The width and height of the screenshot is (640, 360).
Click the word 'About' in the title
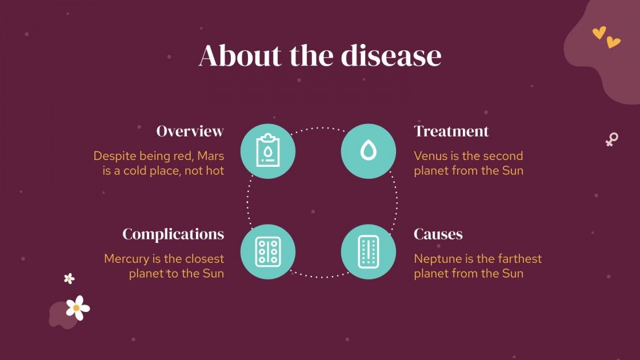[240, 56]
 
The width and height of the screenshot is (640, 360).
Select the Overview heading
[190, 131]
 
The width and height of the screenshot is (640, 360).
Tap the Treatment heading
[451, 131]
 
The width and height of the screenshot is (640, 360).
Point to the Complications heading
[173, 234]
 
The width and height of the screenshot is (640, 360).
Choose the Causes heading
[438, 234]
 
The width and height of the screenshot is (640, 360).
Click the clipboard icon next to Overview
[267, 151]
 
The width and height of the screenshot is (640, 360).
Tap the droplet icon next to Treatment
[369, 151]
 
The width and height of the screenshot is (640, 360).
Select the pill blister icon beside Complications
[267, 252]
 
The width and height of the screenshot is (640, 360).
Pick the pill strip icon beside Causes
[369, 252]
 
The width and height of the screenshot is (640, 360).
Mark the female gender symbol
[611, 139]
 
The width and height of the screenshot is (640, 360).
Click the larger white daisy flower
[77, 307]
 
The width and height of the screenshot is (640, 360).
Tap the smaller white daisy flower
[69, 278]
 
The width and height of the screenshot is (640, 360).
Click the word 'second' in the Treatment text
[503, 156]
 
